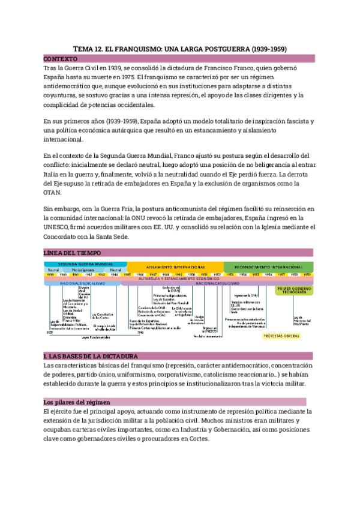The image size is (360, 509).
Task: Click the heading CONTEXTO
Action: coord(61,59)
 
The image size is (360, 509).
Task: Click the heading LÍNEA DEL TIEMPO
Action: coord(73,253)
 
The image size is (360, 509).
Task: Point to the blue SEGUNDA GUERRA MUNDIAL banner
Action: coord(85,264)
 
